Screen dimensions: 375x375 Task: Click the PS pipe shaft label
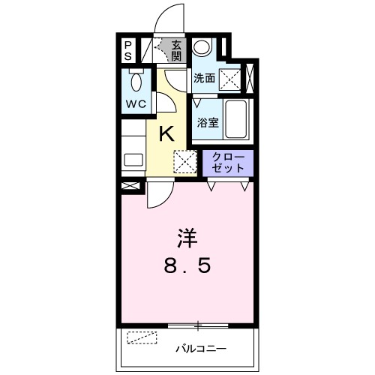[x=128, y=51]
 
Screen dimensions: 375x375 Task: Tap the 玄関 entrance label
[x=176, y=51]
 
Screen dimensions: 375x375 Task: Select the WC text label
[x=136, y=104]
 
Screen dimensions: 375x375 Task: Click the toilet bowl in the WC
[x=136, y=80]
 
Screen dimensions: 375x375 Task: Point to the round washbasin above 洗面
[x=202, y=47]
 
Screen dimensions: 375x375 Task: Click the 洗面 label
[x=205, y=78]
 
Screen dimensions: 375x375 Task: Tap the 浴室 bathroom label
[x=208, y=122]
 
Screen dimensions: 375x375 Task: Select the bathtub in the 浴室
[x=235, y=119]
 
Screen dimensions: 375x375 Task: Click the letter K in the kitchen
[x=166, y=133]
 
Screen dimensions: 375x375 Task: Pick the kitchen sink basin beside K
[x=133, y=160]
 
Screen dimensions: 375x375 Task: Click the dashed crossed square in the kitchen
[x=185, y=161]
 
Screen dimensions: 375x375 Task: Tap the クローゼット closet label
[x=228, y=163]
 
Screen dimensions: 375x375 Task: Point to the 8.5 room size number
[x=187, y=265]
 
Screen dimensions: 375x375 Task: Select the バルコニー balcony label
[x=201, y=348]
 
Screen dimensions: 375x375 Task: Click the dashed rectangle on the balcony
[x=142, y=337]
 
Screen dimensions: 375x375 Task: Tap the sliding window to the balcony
[x=198, y=325]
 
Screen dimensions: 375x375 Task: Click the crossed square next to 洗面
[x=229, y=79]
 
